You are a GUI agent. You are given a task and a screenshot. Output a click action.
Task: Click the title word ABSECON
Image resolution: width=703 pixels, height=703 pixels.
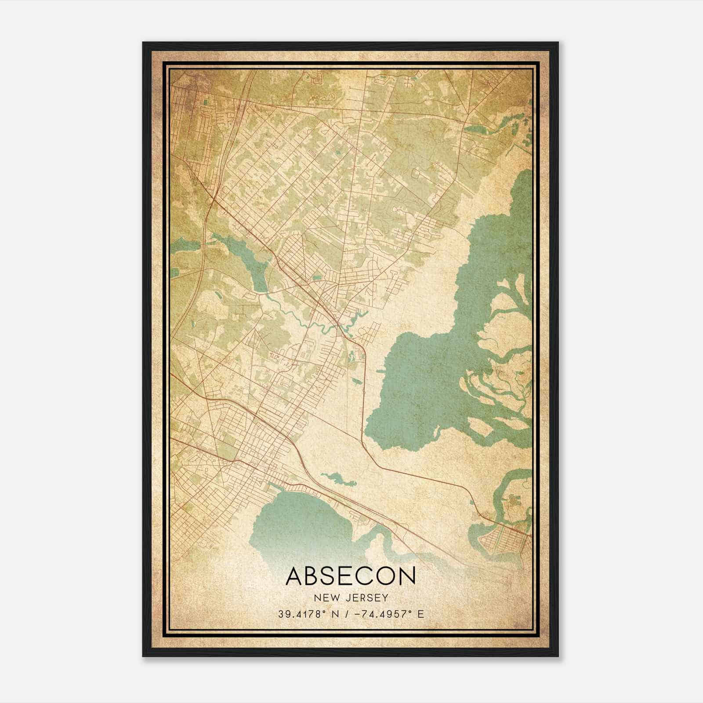coord(351,576)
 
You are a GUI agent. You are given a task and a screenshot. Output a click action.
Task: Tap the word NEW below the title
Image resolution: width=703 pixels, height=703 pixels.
coord(326,598)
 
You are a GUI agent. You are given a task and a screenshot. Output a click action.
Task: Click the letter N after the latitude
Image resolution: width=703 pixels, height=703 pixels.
coord(336,614)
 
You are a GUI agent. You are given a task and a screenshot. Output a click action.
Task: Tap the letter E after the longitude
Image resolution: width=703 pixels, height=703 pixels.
coord(421,614)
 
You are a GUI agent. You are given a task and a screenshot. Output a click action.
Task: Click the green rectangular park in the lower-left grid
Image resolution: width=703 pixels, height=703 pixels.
coord(227,449)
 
